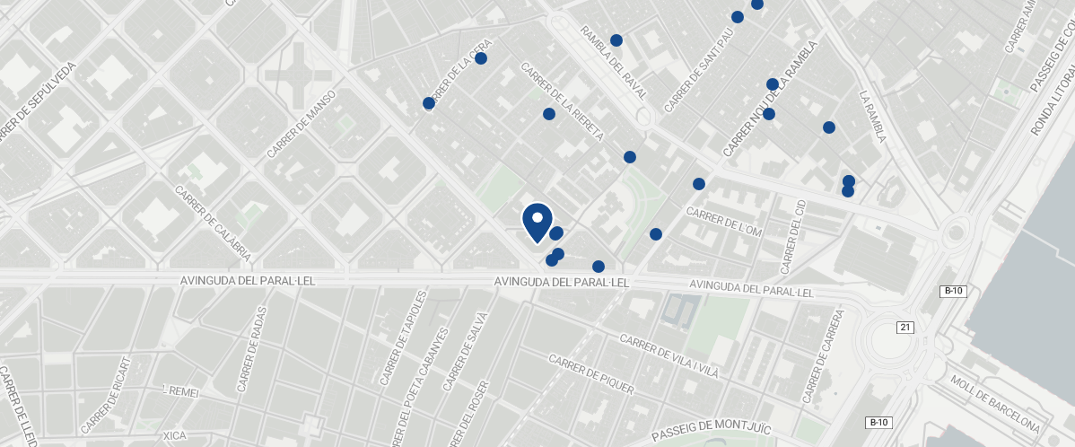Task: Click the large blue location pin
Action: (537, 221)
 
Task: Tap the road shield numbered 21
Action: (905, 328)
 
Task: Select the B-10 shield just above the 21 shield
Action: (953, 291)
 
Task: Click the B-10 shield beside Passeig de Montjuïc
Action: (878, 423)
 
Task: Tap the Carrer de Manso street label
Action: (301, 124)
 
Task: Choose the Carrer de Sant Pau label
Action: (699, 71)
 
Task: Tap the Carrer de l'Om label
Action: (723, 222)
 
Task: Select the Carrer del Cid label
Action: (793, 237)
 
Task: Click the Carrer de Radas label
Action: (251, 358)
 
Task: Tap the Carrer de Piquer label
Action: (590, 374)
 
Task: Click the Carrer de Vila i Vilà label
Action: (669, 356)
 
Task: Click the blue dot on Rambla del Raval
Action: (616, 40)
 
